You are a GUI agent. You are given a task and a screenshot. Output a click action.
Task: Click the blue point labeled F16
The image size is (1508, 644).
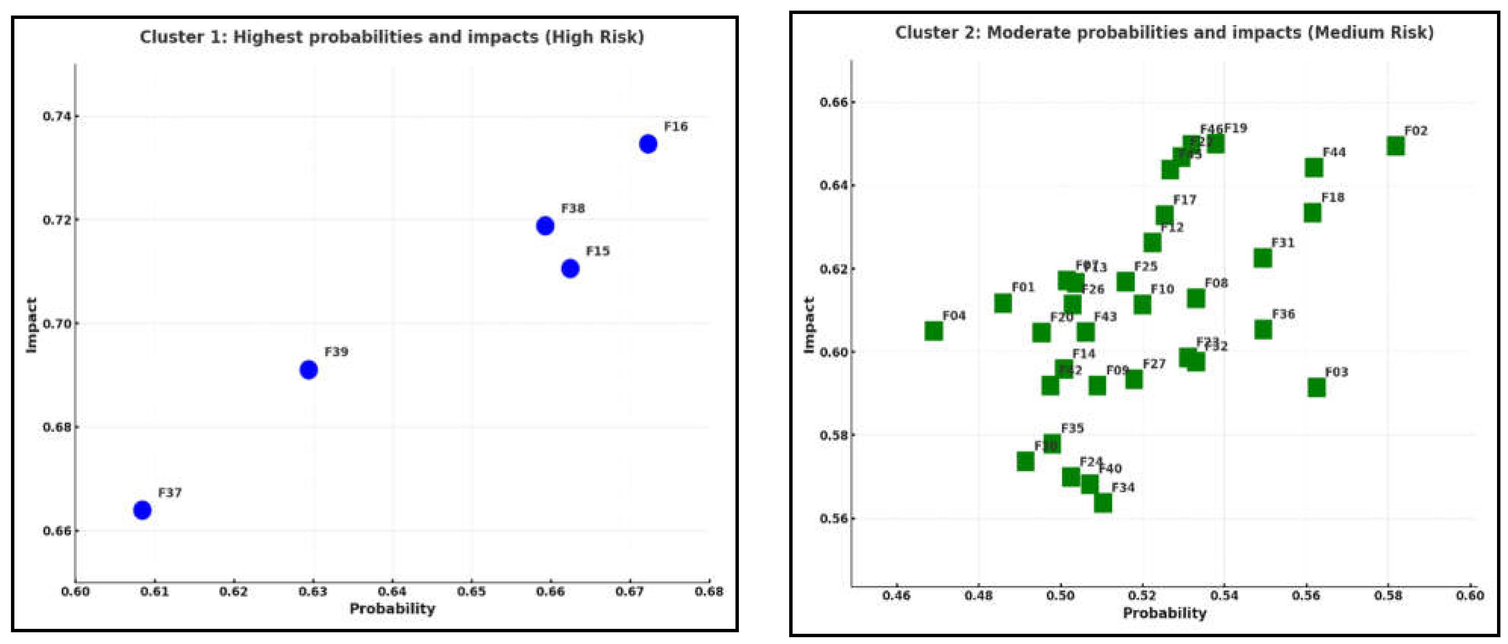point(647,143)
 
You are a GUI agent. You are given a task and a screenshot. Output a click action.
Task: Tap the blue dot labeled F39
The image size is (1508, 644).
point(308,369)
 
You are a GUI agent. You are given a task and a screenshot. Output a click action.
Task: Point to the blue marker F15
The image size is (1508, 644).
point(570,268)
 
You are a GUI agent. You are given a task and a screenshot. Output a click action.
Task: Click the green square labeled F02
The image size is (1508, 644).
point(1395,146)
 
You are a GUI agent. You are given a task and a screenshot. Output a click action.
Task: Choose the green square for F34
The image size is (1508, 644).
point(1103,502)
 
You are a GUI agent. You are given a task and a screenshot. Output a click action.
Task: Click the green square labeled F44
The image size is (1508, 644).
point(1314,168)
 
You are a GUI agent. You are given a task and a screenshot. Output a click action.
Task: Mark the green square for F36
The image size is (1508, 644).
point(1263,330)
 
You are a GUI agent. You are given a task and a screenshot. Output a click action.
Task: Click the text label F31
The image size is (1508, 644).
point(1283,243)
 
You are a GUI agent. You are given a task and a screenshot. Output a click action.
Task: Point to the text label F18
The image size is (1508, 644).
point(1333,197)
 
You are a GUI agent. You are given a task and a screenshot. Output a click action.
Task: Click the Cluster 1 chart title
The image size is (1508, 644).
point(392,37)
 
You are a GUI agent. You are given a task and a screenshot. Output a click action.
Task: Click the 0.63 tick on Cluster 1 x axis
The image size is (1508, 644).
point(312,592)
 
